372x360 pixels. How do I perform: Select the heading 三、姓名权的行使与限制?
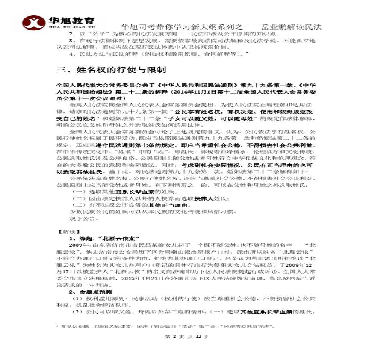tap(112, 70)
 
